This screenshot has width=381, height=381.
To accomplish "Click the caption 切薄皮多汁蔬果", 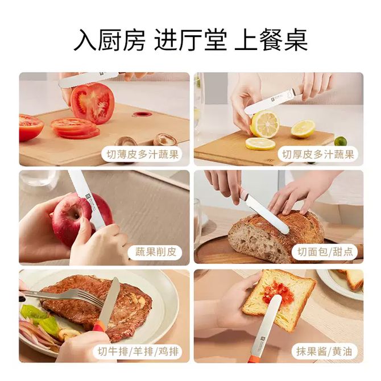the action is (x=143, y=154).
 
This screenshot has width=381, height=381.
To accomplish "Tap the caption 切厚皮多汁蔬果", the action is (x=318, y=154).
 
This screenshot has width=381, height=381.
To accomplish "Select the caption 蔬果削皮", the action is (x=156, y=252).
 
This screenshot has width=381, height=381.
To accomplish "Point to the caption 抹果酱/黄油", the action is (x=324, y=351).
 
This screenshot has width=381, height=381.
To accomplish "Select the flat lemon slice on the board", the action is (x=260, y=144).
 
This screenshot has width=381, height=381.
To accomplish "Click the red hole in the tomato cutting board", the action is (x=142, y=114).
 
